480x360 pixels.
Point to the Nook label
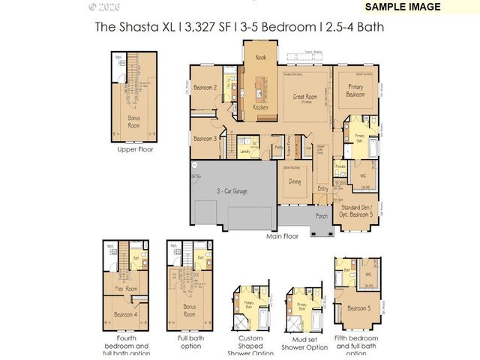click(260, 57)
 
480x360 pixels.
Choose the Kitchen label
click(260, 108)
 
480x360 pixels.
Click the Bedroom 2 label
click(205, 88)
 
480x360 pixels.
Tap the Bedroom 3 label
click(205, 139)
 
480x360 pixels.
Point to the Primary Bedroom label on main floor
click(355, 91)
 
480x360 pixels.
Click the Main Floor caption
click(282, 236)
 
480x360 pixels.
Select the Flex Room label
click(125, 288)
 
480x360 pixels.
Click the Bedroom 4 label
click(125, 315)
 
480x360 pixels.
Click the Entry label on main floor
click(322, 188)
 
